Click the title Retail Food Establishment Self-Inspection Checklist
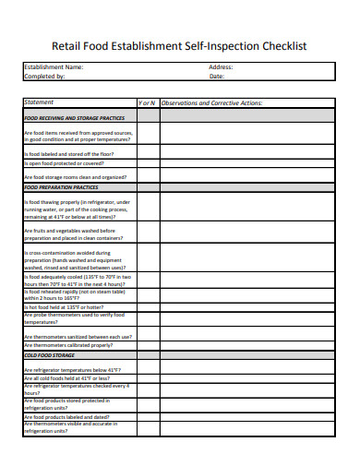coord(180,44)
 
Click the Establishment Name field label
coord(53,67)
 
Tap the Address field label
coord(221,67)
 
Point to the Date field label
coord(217,77)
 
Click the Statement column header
coord(41,102)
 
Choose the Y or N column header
coord(147,102)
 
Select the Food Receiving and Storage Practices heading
coord(75,118)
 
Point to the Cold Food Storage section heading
coord(50,355)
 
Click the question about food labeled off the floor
coord(69,154)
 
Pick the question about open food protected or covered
coord(66,165)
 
